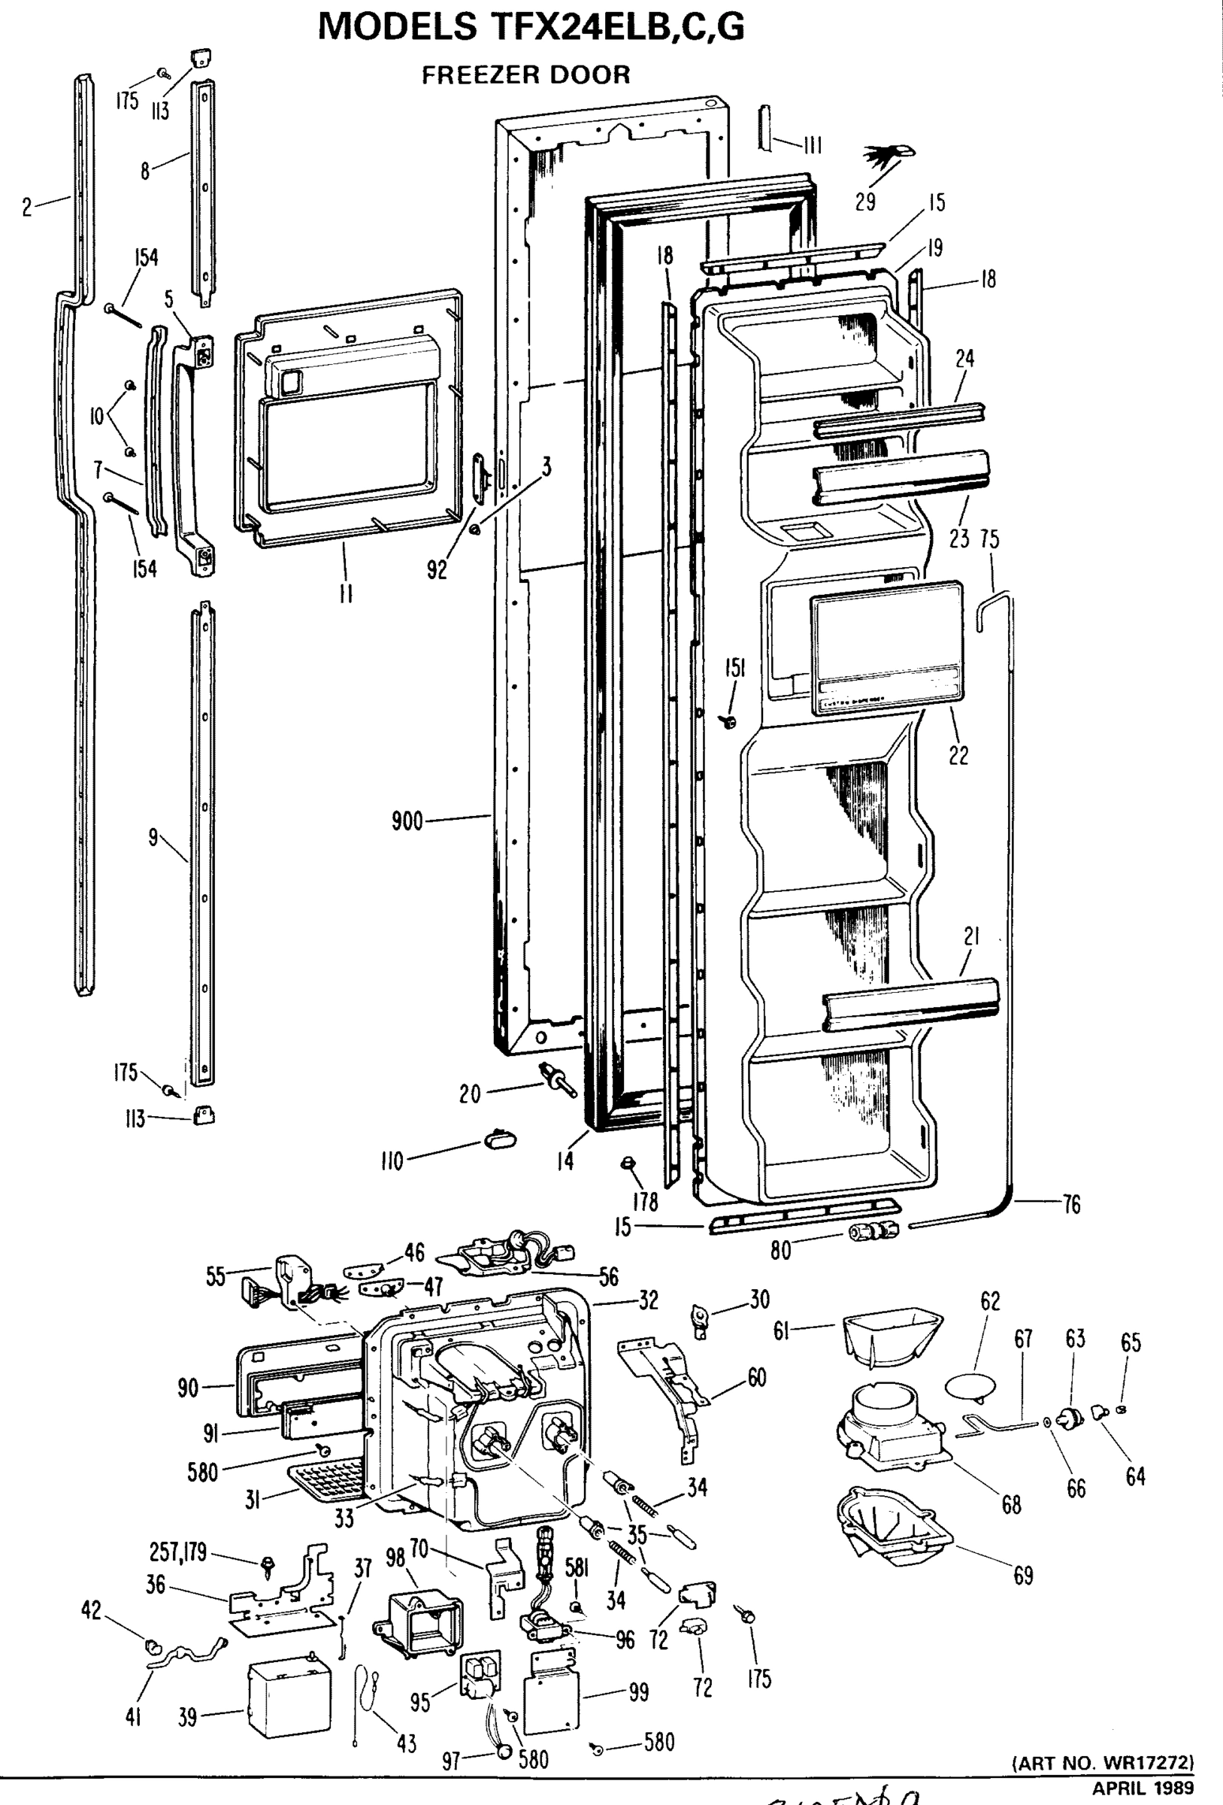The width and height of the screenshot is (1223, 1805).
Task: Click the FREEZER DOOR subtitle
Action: tap(525, 75)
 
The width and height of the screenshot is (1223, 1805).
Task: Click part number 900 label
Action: tap(407, 821)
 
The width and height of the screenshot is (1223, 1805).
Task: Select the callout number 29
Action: tap(865, 202)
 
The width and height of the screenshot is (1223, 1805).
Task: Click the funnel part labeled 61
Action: tap(892, 1335)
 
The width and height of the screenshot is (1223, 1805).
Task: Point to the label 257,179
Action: tap(178, 1552)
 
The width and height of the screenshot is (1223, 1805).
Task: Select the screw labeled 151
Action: tap(729, 722)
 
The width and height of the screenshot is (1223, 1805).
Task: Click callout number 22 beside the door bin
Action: tap(959, 755)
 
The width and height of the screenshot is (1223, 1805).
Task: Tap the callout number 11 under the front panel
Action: tap(347, 594)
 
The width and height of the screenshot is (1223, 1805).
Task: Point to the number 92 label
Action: tap(437, 569)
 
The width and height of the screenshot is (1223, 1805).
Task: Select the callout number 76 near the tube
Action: tap(1071, 1205)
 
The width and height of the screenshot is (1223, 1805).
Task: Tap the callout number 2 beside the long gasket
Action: tap(27, 208)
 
